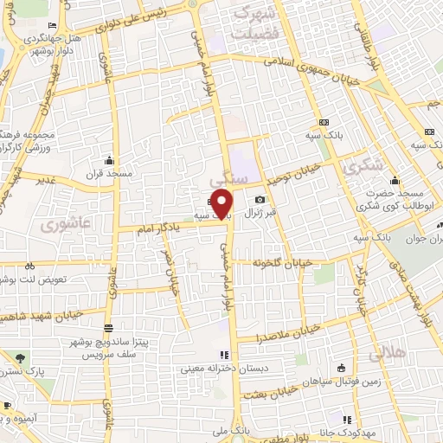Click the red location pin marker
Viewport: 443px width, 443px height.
coord(223,204)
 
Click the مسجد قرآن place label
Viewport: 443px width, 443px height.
coord(108,173)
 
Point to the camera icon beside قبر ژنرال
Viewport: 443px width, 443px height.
coord(260,200)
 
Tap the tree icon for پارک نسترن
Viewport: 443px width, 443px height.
coord(21,357)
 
